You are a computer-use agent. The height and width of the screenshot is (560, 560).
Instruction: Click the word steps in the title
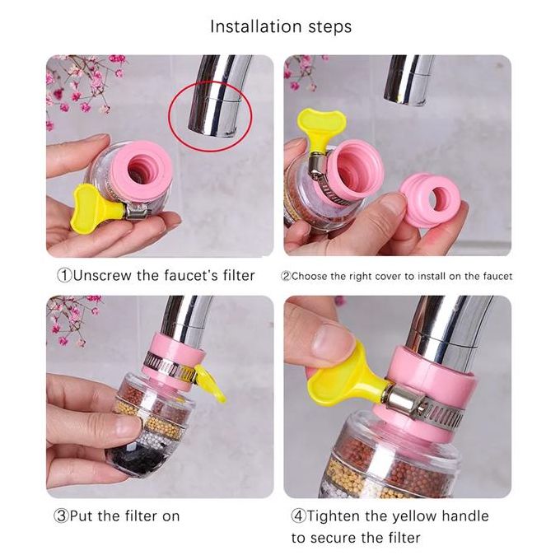329,27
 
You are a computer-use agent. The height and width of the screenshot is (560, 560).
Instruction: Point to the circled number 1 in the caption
64,276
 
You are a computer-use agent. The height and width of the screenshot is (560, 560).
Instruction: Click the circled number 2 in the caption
286,276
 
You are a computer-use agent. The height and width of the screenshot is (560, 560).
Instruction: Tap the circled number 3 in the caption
61,516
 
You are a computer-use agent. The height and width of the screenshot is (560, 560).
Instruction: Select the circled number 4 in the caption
299,516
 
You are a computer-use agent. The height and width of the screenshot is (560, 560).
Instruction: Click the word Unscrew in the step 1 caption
102,275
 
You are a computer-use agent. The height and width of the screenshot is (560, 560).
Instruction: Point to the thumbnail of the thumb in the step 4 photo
330,338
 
